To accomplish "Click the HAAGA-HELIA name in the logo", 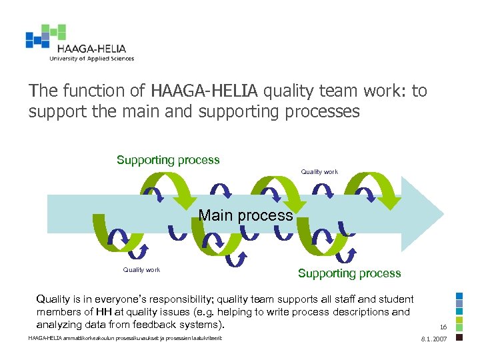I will (91, 48).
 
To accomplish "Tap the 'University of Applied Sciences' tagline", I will (91, 59).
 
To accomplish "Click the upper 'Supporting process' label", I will (168, 160).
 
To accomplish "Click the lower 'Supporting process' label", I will (349, 273).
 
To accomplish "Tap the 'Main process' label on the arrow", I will (246, 215).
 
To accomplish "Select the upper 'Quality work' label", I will (319, 172).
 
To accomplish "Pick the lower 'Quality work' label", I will (141, 270).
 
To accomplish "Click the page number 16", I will (443, 327).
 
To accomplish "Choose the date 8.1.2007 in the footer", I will (434, 339).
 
